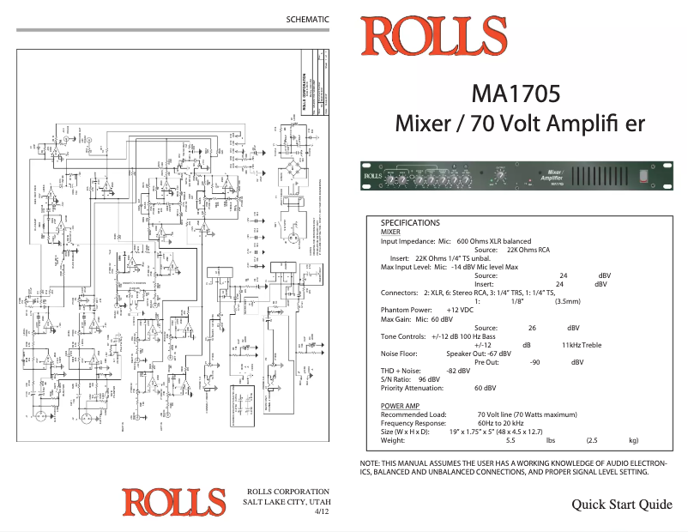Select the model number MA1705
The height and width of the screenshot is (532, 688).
(x=516, y=93)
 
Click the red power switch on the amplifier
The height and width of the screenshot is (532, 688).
(x=642, y=176)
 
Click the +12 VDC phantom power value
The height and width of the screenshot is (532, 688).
(x=460, y=310)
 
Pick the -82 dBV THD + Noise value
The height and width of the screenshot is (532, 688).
(x=458, y=370)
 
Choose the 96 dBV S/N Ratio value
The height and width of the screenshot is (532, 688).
(x=428, y=378)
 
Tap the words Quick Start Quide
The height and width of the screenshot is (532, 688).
(x=621, y=505)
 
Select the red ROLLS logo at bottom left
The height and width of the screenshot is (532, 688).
(x=173, y=502)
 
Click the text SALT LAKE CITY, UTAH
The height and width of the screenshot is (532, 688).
(x=287, y=500)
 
